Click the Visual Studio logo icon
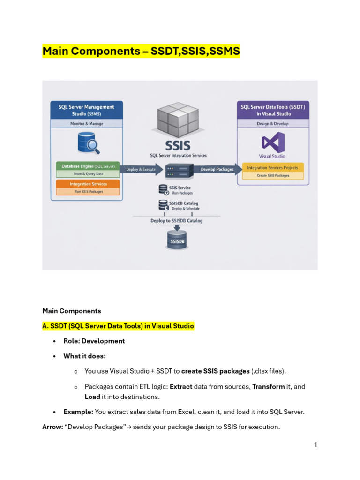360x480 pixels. pyautogui.click(x=273, y=142)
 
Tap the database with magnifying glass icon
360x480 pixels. pyautogui.click(x=89, y=142)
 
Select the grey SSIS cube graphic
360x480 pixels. pyautogui.click(x=178, y=120)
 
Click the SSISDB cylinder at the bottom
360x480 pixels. pyautogui.click(x=177, y=240)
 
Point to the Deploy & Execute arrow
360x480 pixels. pyautogui.click(x=141, y=169)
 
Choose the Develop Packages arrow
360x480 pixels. pyautogui.click(x=217, y=169)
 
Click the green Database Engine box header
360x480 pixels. pyautogui.click(x=88, y=166)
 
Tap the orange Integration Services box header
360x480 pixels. pyautogui.click(x=88, y=184)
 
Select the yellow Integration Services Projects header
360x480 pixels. pyautogui.click(x=273, y=168)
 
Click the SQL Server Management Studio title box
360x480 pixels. pyautogui.click(x=87, y=110)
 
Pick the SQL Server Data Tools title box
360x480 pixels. pyautogui.click(x=273, y=110)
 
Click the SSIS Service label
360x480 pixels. pyautogui.click(x=180, y=187)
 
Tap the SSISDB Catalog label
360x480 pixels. pyautogui.click(x=184, y=203)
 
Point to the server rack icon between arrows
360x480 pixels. pyautogui.click(x=179, y=171)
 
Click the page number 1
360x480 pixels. pyautogui.click(x=315, y=445)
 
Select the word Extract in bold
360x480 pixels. pyautogui.click(x=181, y=387)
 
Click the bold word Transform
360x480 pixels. pyautogui.click(x=268, y=387)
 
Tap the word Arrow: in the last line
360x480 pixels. pyautogui.click(x=52, y=427)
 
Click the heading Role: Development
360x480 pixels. pyautogui.click(x=94, y=341)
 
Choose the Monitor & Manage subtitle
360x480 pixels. pyautogui.click(x=87, y=124)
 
